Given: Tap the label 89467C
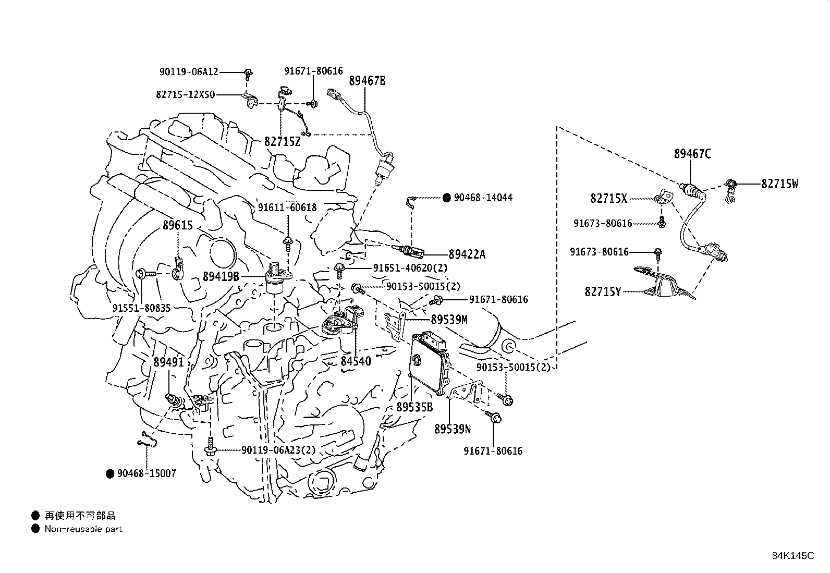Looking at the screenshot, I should click(692, 154).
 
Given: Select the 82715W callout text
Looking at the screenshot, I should click(779, 184).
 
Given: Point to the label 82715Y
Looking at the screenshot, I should click(603, 292).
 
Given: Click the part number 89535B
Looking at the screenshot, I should click(414, 407).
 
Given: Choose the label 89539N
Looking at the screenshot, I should click(453, 429).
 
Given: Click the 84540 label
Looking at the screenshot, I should click(356, 361).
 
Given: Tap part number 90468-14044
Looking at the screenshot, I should click(483, 198).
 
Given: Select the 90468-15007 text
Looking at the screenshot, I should click(147, 473).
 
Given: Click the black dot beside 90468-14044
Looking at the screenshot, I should click(447, 198).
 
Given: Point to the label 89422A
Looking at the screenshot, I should click(467, 254).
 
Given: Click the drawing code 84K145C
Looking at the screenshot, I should click(792, 556).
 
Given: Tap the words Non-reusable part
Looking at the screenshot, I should click(83, 529).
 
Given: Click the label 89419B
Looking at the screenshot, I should click(221, 276).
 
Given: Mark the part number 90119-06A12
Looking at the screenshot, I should click(189, 72).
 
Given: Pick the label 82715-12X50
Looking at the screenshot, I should click(185, 94).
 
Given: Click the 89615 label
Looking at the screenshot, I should click(178, 226).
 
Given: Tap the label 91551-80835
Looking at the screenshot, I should click(141, 308).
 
